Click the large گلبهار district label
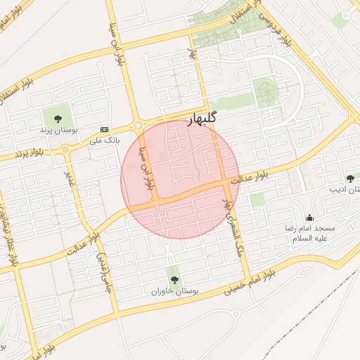(x=202, y=120)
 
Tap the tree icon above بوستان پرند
(x=58, y=119)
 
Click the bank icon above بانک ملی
(x=105, y=129)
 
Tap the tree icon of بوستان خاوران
(x=174, y=279)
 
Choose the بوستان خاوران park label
(x=174, y=290)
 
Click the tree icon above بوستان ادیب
(x=350, y=179)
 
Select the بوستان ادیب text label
(x=345, y=190)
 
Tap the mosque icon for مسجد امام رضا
(x=309, y=217)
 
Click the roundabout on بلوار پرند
(x=65, y=149)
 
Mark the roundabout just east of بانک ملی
(x=138, y=126)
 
